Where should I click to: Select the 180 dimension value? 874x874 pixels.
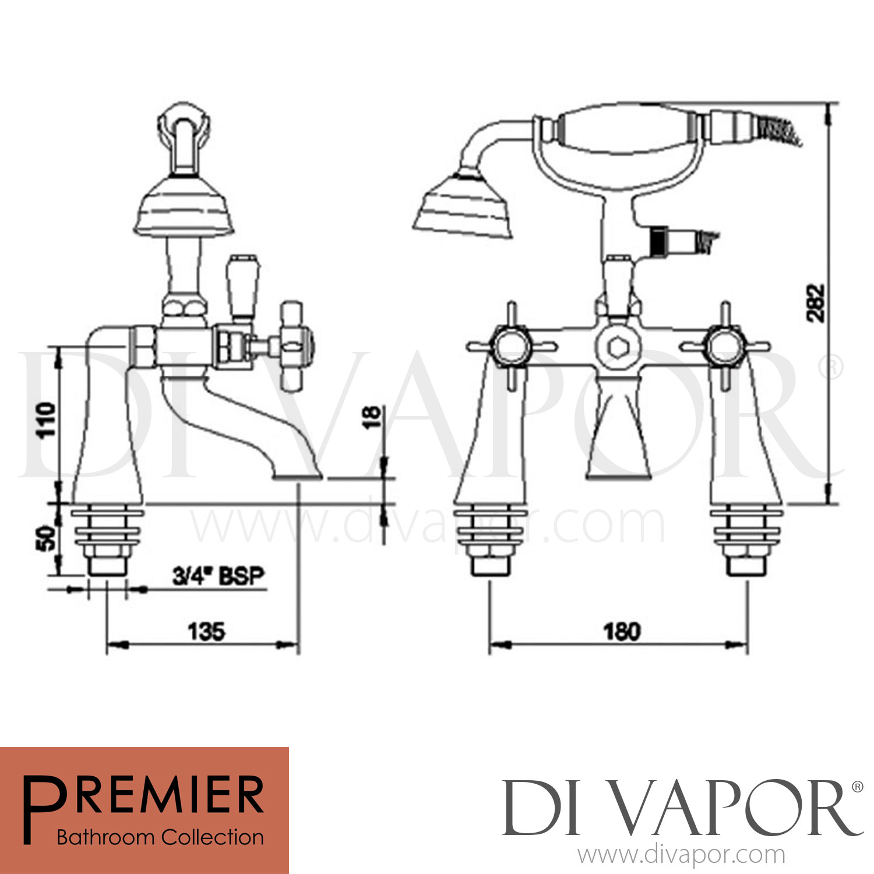(621, 632)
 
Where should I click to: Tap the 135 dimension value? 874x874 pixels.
(206, 632)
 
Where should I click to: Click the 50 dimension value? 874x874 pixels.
(47, 537)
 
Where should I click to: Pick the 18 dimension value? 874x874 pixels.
(371, 417)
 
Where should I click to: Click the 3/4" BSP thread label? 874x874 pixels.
(218, 576)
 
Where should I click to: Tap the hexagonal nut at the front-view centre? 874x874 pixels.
(616, 348)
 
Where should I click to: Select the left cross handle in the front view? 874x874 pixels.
(511, 347)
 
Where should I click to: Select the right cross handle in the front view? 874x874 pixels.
(725, 347)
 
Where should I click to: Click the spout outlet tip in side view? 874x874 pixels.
(298, 477)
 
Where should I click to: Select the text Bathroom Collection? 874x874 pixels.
(160, 837)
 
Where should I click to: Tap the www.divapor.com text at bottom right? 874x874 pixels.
(681, 855)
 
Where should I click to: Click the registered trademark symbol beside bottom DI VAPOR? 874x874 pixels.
(857, 788)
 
